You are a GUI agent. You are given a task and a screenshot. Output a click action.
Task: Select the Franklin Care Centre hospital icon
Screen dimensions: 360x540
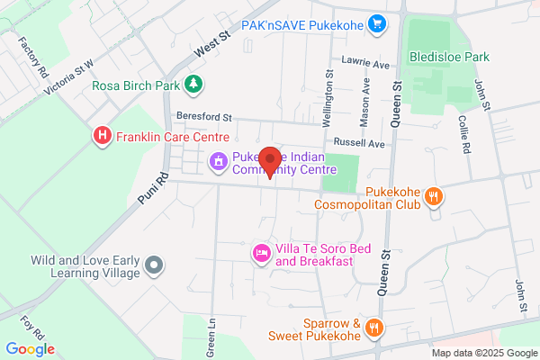pos(103,136)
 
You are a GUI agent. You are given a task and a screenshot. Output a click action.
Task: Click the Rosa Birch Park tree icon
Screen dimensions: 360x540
pos(193,85)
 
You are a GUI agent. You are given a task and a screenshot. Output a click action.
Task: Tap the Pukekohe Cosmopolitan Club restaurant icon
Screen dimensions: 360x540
pos(434,195)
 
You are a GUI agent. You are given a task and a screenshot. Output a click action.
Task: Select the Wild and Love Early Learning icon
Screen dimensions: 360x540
pos(155,265)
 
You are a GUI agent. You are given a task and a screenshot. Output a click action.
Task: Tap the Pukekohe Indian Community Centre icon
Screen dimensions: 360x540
pos(218,162)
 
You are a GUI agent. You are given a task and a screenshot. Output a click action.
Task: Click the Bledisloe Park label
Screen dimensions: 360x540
pos(449,57)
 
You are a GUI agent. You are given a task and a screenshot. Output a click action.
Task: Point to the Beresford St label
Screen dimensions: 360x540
pos(204,117)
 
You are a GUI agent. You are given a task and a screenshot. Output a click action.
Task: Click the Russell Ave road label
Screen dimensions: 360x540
pos(358,143)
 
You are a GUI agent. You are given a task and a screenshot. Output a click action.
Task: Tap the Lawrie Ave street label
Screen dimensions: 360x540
pos(364,65)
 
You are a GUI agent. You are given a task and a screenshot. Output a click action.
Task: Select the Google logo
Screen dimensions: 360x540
pos(31,349)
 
